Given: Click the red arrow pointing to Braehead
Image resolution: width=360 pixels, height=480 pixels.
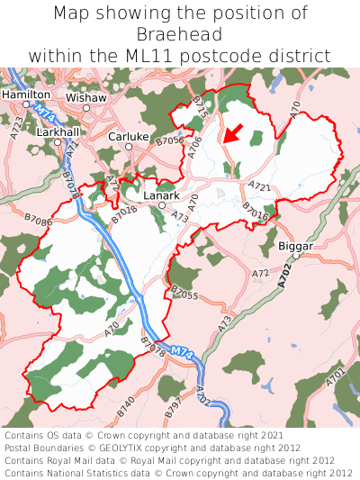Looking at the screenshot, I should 232,134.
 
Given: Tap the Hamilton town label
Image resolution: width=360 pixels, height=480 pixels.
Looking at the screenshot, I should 26,94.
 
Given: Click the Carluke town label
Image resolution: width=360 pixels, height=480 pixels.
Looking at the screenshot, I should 128,137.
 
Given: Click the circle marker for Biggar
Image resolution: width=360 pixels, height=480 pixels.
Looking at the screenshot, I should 295,256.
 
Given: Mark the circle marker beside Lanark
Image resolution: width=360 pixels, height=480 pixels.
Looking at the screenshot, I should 162,205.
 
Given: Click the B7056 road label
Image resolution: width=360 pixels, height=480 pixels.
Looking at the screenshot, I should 169,141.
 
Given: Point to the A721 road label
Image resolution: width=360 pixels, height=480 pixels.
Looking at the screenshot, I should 259,186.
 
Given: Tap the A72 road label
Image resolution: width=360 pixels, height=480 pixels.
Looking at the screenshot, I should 260,273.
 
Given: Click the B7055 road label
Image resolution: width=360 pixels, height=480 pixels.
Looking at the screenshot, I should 183,294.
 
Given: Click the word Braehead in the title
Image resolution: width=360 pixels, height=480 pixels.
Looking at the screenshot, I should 180,34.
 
